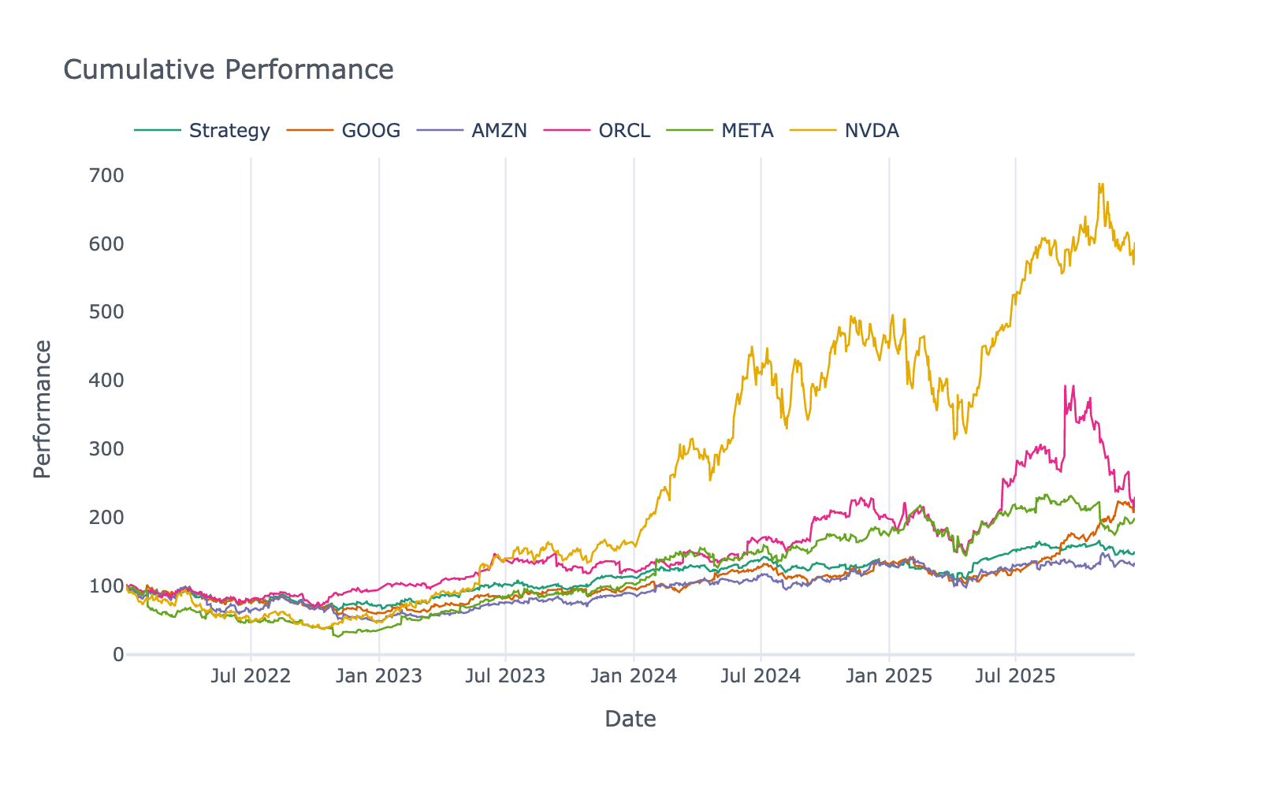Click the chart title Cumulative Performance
(229, 69)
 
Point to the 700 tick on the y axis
(106, 175)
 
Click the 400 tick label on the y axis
(106, 381)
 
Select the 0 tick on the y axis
(118, 654)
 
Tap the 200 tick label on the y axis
(106, 517)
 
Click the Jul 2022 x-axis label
(251, 676)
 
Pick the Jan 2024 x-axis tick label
(634, 676)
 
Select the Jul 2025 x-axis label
(1015, 676)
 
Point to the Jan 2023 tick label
(379, 676)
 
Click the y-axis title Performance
(42, 409)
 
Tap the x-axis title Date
(630, 719)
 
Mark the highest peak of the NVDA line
(1101, 185)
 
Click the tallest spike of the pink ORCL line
(1066, 386)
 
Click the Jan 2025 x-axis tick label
(889, 676)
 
